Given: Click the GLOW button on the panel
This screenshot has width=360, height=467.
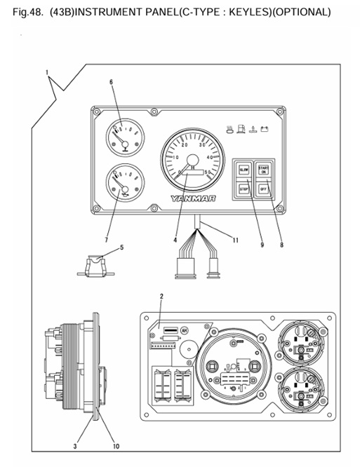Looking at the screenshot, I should click(244, 170).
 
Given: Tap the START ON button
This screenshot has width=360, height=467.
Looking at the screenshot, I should click(264, 170).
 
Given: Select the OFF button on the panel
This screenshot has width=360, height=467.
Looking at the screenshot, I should click(264, 189).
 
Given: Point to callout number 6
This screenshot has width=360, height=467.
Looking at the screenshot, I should click(111, 82).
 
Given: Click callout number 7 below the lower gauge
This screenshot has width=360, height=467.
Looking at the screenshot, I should click(107, 240).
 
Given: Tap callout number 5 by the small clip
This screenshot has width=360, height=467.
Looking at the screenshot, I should click(121, 247).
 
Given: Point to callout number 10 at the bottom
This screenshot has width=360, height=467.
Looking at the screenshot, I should click(116, 445).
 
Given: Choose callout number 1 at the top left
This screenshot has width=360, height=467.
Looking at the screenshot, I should click(47, 72).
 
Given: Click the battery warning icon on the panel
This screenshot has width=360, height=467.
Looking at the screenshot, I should click(266, 128).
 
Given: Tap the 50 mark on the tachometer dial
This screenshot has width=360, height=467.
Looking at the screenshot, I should click(208, 172).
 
